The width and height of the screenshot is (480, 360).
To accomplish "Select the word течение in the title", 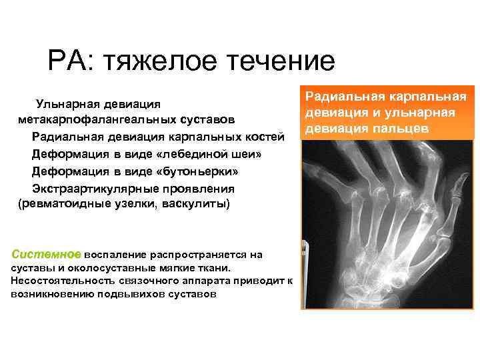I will (281, 62).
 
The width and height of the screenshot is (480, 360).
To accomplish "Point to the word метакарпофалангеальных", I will (97, 121).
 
